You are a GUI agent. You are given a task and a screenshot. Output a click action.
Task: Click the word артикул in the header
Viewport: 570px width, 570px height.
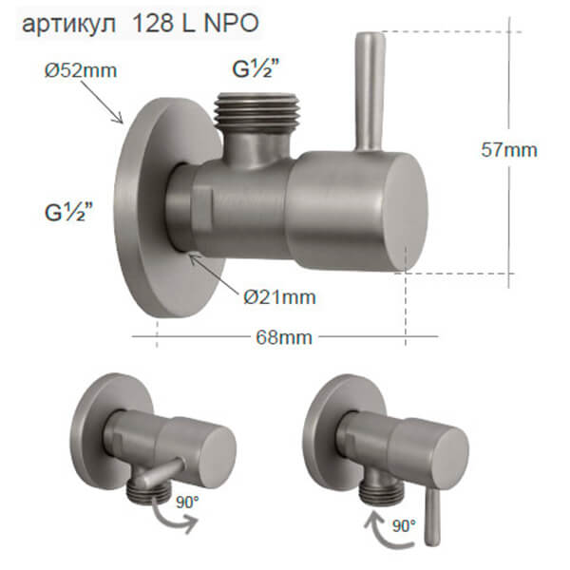[64, 25]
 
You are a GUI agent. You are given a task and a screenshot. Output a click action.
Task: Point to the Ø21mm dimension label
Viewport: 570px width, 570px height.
[278, 296]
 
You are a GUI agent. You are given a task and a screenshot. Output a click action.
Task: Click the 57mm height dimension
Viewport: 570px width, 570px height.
[508, 149]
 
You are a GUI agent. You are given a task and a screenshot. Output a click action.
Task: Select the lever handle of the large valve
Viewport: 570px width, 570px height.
[367, 90]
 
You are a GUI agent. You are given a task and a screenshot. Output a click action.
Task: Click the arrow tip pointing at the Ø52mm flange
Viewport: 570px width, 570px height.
[123, 123]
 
